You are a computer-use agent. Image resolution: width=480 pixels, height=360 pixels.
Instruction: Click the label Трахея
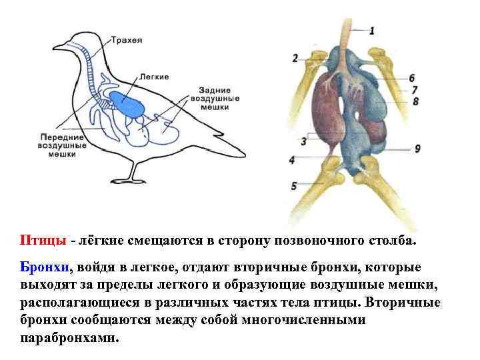point(126,39)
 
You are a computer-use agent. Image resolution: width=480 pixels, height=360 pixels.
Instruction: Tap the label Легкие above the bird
point(155,77)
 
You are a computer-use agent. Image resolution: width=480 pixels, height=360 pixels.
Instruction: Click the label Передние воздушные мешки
point(62,144)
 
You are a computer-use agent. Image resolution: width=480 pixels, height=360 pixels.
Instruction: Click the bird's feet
point(131,180)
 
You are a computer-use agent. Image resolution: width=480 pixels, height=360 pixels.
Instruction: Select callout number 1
point(371,29)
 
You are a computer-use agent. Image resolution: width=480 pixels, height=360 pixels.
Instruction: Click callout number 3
point(303,141)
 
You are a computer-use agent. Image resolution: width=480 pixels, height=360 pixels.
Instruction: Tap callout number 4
point(293,160)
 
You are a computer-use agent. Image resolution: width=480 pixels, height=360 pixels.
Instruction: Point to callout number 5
point(293,187)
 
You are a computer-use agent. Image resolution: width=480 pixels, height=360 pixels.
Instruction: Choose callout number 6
point(413,77)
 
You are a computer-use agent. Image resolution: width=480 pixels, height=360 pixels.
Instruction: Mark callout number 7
point(415,89)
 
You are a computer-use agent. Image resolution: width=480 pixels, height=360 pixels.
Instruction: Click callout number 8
point(415,101)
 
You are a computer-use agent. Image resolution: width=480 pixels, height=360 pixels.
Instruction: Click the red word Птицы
point(42,240)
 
